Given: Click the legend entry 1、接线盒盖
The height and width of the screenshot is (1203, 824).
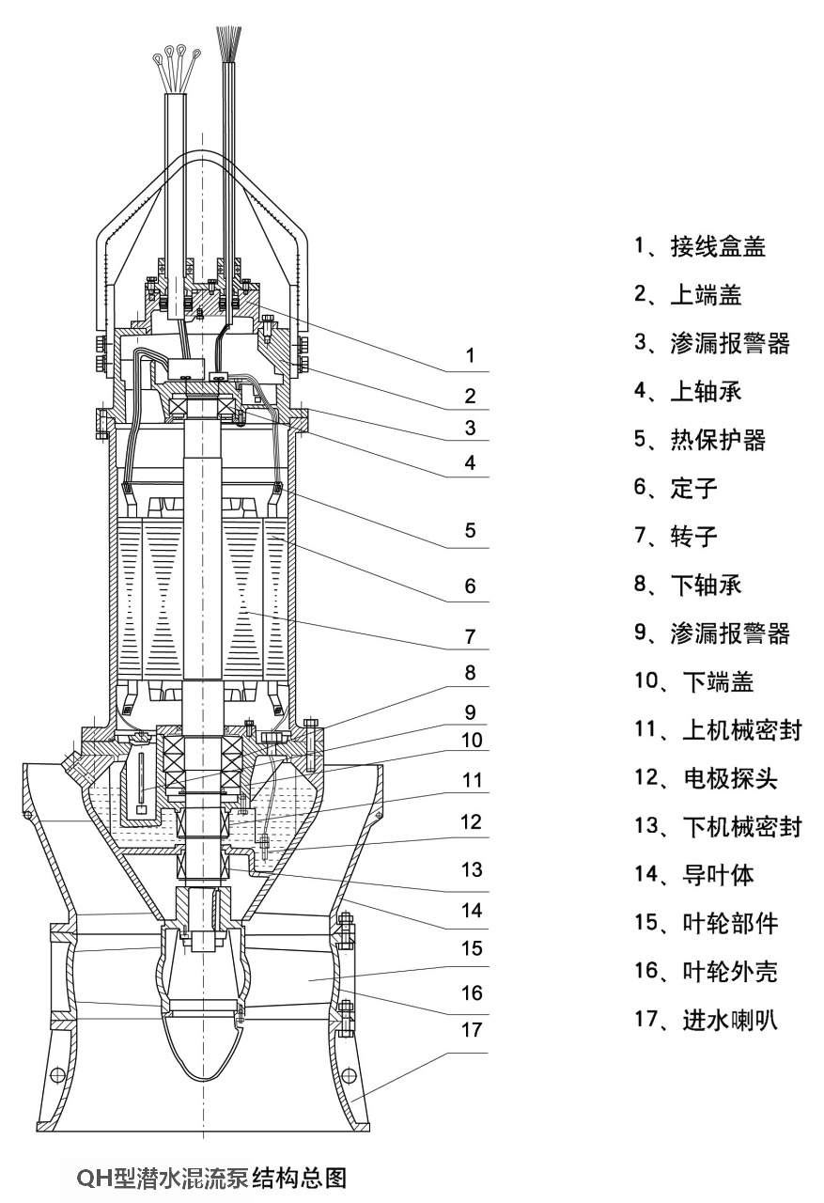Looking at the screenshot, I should click(x=699, y=247).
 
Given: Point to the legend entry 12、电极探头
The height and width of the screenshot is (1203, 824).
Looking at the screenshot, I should click(x=706, y=778).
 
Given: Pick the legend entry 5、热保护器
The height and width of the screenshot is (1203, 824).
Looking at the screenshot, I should click(x=699, y=439).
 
